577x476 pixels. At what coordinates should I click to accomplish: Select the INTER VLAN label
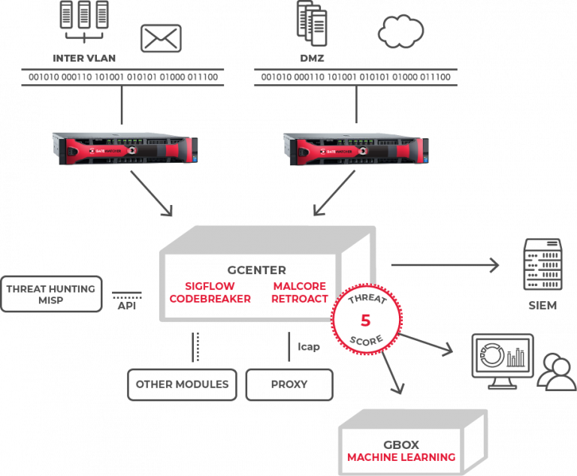[x=85, y=59]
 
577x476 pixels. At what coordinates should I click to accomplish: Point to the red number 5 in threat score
[x=366, y=321]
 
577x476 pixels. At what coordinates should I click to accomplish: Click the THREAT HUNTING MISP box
[x=51, y=294]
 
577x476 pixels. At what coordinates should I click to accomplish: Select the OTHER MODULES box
[x=182, y=384]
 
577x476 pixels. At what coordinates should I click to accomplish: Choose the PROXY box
[x=288, y=384]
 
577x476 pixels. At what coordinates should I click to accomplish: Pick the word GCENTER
[x=257, y=270]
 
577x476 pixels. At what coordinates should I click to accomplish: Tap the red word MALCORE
[x=299, y=286]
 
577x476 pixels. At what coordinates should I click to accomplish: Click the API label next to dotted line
[x=126, y=306]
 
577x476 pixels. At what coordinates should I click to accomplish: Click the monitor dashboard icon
[x=501, y=359]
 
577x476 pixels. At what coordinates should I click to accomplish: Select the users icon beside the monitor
[x=556, y=372]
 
